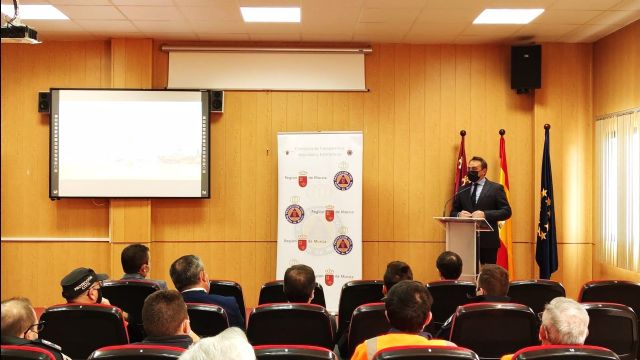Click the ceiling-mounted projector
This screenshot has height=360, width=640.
click(19, 33)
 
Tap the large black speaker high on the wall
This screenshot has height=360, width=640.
click(525, 67)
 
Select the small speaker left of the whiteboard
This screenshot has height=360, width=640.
click(44, 102)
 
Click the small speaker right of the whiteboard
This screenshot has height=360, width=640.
click(216, 101)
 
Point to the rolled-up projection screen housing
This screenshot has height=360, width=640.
click(266, 68)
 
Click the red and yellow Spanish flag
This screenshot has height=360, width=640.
click(503, 205)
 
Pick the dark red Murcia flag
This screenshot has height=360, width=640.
click(461, 170)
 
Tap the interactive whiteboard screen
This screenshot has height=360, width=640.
click(129, 143)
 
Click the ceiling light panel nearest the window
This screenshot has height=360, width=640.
click(508, 16)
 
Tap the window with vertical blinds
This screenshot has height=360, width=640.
click(617, 190)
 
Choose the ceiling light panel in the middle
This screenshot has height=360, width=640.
click(270, 14)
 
